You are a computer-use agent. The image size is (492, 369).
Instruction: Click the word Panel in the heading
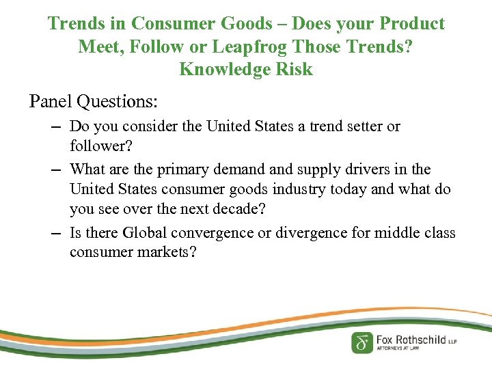(x=51, y=102)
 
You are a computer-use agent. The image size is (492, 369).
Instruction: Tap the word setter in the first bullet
(x=351, y=126)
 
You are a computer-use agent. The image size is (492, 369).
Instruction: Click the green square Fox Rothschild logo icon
(x=362, y=342)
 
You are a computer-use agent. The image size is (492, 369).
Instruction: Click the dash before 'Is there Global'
(x=57, y=233)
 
